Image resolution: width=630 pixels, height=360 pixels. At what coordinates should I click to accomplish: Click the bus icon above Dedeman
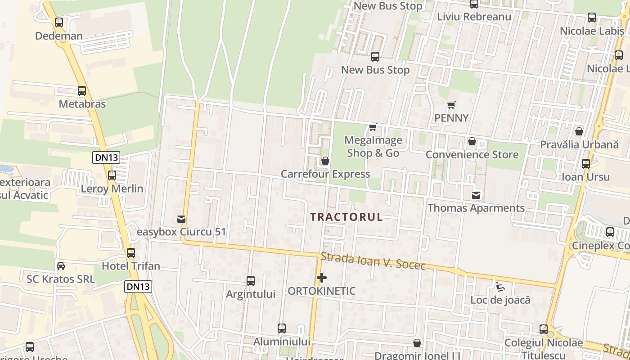point(59,22)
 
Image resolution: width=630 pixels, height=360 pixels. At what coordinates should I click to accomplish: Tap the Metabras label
point(82,104)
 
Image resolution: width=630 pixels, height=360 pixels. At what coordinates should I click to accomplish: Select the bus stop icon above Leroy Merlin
point(112,175)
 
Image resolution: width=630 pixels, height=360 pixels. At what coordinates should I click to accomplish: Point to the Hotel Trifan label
point(131,266)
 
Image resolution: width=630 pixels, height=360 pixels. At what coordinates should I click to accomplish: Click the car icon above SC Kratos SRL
point(61,266)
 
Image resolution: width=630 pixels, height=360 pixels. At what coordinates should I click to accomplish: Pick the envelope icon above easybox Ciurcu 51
point(181,219)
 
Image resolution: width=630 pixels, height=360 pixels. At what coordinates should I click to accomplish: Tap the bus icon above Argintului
point(251,281)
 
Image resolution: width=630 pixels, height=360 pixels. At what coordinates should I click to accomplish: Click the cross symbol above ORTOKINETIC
point(321,278)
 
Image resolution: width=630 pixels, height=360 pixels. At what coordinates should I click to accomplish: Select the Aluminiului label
point(282,342)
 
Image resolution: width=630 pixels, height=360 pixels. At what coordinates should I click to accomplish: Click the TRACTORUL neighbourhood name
point(346,217)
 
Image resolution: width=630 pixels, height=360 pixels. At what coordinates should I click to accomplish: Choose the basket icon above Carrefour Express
point(325,161)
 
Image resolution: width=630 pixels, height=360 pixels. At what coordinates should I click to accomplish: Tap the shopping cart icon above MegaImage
point(373,127)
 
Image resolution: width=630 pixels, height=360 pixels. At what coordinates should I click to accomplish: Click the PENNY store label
point(451,118)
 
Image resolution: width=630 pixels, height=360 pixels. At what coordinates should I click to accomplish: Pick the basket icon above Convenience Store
point(472,142)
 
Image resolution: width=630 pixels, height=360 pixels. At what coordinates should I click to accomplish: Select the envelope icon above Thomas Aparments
point(476,195)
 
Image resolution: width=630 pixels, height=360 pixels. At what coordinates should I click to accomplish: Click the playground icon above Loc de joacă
point(500,287)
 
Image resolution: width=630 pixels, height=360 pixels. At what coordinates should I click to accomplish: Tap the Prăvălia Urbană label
point(580,144)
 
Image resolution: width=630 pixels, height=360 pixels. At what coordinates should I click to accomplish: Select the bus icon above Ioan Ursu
point(586,164)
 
